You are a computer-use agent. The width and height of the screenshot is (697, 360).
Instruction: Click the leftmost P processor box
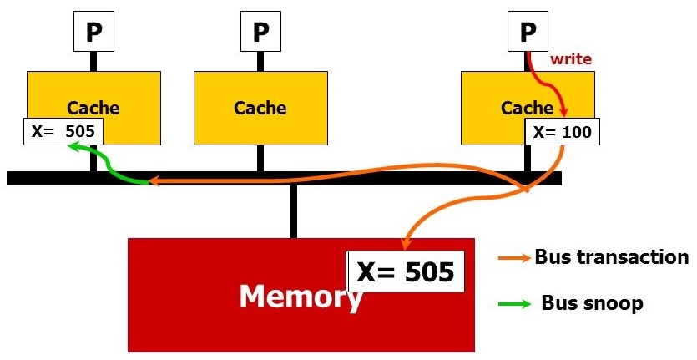tap(93, 32)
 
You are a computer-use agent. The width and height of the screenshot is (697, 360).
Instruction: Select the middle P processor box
tap(260, 32)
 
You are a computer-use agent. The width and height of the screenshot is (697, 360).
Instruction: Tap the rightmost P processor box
tap(528, 32)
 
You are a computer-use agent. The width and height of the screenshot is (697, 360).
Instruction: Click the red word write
tap(570, 60)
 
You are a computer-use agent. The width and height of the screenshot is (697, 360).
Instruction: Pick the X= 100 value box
tap(563, 131)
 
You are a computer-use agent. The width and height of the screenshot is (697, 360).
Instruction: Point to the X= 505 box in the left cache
tap(63, 131)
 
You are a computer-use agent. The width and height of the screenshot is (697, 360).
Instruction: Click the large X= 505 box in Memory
tap(405, 271)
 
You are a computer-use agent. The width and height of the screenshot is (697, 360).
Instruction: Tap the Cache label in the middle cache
tap(260, 108)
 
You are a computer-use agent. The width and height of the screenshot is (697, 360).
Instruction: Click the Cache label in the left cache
tap(93, 108)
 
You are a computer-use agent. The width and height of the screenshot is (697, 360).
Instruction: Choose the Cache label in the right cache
tap(527, 108)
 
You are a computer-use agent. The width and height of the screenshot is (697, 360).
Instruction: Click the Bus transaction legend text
tap(611, 257)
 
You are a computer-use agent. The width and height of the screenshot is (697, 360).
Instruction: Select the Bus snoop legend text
tap(592, 303)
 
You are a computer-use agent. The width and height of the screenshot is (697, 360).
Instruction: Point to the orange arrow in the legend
tap(514, 258)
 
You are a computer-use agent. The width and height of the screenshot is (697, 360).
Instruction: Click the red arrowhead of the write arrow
tap(565, 113)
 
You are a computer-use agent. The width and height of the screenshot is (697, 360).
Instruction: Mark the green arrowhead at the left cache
tap(73, 146)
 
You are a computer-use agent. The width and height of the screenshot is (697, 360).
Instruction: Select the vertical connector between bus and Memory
tap(293, 211)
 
